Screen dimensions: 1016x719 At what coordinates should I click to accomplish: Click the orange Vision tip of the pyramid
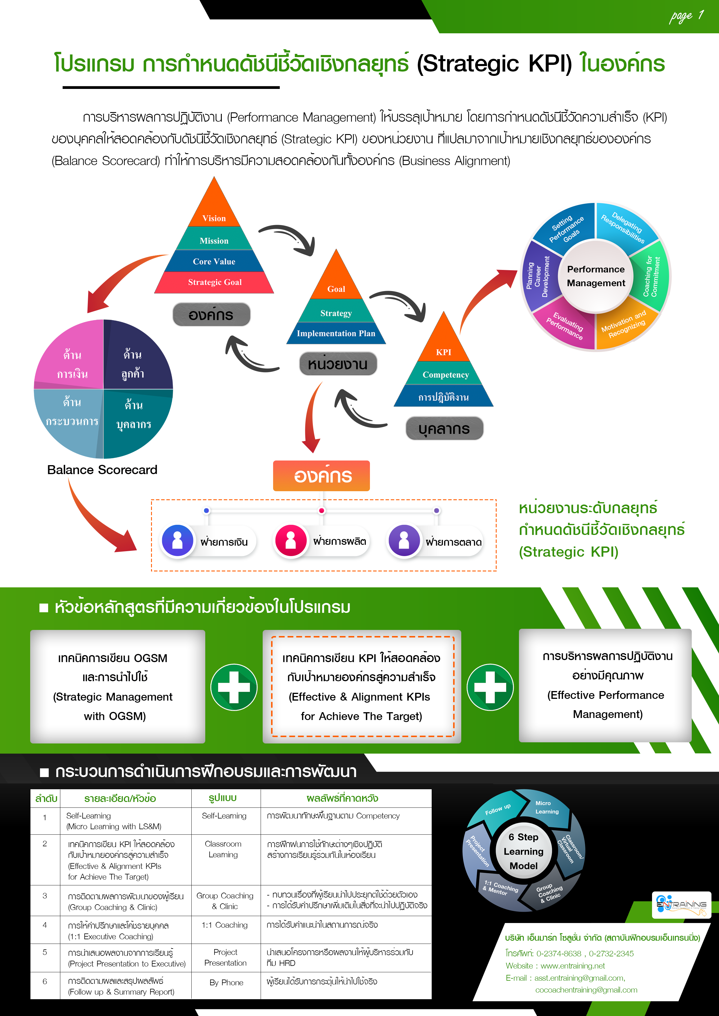[x=214, y=212]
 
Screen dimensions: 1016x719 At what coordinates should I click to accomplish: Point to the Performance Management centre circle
[x=596, y=276]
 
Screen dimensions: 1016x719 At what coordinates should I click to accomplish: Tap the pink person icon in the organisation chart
[x=290, y=540]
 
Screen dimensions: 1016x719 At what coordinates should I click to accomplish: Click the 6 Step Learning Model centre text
[x=523, y=851]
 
